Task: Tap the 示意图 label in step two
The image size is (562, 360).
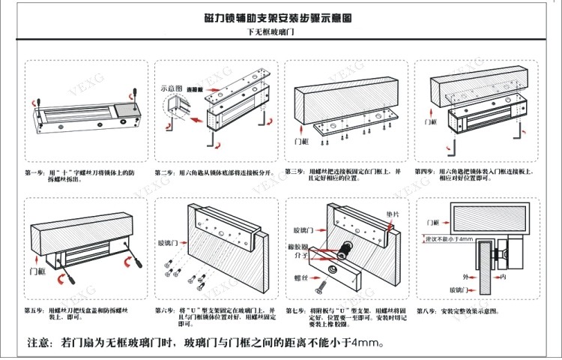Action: pos(172,87)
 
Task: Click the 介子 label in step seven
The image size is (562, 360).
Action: pos(303,256)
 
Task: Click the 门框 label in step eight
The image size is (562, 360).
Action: pos(432,223)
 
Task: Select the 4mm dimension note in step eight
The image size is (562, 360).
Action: pos(449,238)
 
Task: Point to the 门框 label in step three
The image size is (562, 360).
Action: pos(302,140)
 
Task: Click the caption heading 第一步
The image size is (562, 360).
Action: pos(35,172)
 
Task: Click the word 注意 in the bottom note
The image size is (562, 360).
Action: pos(41,343)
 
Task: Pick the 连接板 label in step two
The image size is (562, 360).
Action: pos(196,89)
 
